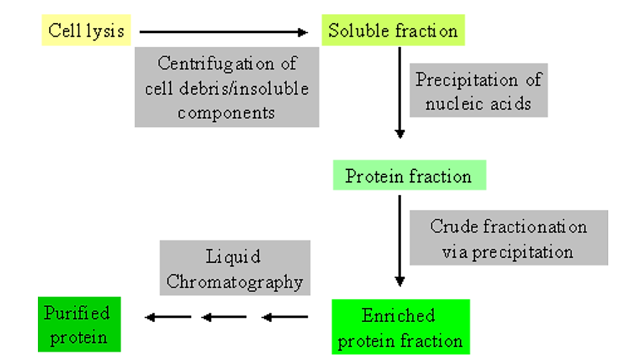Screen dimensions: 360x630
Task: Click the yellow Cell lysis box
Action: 86,31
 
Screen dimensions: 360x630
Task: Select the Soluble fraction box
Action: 393,31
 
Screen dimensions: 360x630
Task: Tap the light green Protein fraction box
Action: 408,176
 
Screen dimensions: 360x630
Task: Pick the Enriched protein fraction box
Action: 400,327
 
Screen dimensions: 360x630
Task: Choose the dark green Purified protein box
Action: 78,324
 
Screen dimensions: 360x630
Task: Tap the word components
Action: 227,113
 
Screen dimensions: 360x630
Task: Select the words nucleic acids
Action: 478,103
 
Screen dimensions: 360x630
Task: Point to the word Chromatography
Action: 235,282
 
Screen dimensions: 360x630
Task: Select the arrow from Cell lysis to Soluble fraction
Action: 224,32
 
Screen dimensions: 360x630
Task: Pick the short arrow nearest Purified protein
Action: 168,318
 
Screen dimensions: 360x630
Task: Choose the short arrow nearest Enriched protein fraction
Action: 284,318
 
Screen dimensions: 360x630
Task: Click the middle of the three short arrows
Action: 224,318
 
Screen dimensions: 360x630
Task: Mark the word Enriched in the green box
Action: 398,315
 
